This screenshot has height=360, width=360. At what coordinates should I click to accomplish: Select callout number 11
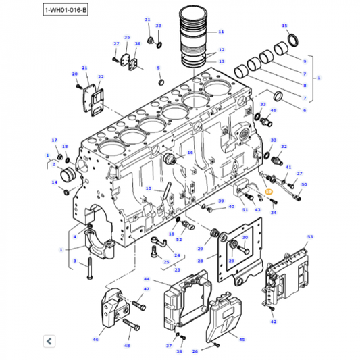point(221,32)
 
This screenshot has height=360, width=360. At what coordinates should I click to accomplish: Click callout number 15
point(284,24)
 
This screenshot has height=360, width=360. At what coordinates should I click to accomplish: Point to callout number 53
point(310,237)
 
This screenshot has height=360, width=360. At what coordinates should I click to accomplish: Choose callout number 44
point(147,278)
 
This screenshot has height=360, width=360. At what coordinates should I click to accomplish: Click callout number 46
point(95,340)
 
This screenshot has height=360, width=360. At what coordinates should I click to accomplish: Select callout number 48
point(126,346)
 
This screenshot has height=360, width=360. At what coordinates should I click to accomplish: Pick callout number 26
point(195,351)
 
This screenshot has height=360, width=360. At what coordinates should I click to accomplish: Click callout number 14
point(53,182)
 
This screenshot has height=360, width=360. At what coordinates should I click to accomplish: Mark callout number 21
point(84,68)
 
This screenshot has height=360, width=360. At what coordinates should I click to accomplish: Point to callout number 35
point(126,37)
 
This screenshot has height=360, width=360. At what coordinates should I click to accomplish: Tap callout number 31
point(147,20)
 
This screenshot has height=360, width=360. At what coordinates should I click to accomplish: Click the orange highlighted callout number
point(268,192)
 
